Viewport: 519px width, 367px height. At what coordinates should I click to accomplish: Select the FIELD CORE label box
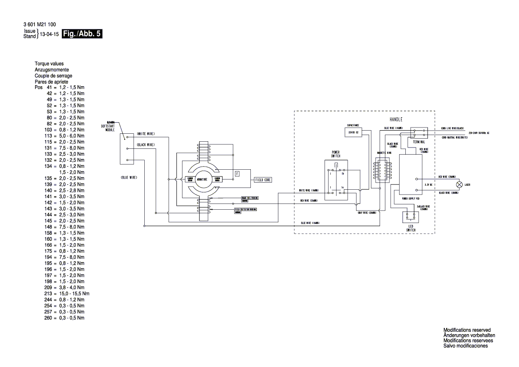point(263,180)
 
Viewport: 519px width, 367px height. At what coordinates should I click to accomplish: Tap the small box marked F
point(237,173)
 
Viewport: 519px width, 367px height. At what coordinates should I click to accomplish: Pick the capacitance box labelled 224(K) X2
point(353,133)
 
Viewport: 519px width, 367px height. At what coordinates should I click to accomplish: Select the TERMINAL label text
point(419,141)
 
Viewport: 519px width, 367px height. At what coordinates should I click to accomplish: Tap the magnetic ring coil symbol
point(383,170)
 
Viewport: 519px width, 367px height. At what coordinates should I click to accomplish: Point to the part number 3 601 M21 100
point(40,24)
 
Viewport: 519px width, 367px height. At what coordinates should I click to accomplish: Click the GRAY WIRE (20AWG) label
point(367,213)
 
